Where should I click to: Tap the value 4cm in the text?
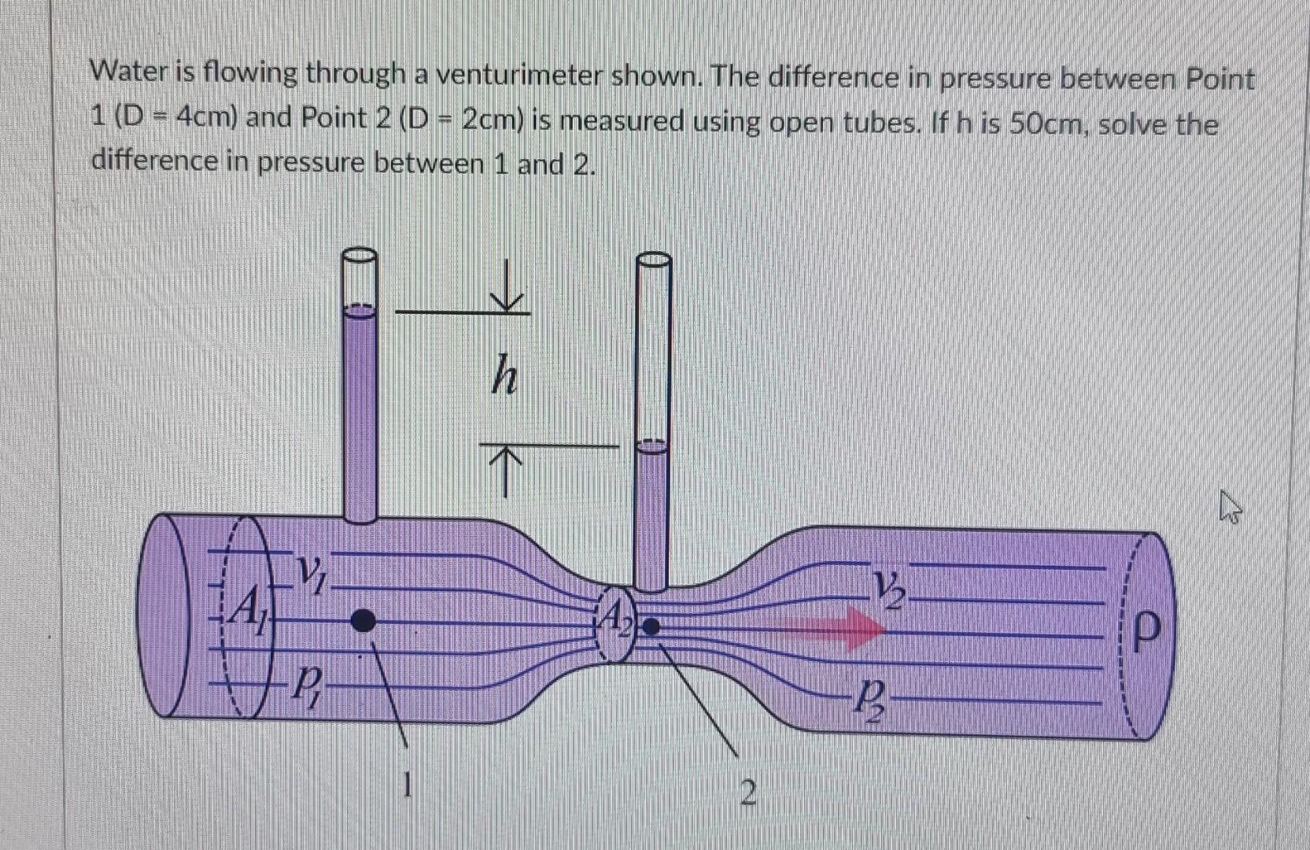coord(205,119)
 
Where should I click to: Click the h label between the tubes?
coord(504,376)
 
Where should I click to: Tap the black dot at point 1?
coord(363,621)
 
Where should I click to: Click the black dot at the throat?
coord(651,626)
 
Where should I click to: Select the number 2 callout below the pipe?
coord(748,793)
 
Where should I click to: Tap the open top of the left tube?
coord(360,256)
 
